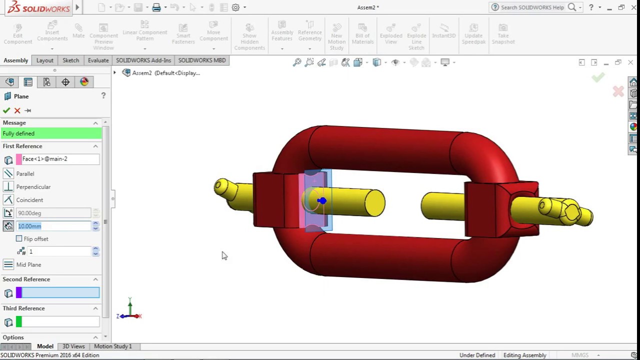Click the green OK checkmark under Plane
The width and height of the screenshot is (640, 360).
coord(6,110)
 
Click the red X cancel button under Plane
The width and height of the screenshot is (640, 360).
coord(17,110)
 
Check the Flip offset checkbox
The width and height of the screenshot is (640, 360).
coord(19,239)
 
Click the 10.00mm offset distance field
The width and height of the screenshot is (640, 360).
coord(53,226)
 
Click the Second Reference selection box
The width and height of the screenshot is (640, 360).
coord(60,293)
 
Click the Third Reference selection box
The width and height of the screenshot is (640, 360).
coord(60,322)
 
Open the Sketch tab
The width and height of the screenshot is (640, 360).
coord(70,60)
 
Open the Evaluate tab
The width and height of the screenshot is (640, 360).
coord(98,60)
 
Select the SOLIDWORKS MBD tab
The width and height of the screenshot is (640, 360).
coord(202,60)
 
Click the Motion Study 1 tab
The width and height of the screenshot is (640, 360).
coord(112,346)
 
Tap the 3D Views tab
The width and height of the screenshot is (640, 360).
coord(73,346)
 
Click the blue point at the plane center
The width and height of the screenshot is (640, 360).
coord(321,201)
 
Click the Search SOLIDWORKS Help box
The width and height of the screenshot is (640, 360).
coord(532,7)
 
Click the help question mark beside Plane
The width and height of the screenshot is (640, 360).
coord(103,95)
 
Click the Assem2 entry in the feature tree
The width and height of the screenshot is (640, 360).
coord(142,73)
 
